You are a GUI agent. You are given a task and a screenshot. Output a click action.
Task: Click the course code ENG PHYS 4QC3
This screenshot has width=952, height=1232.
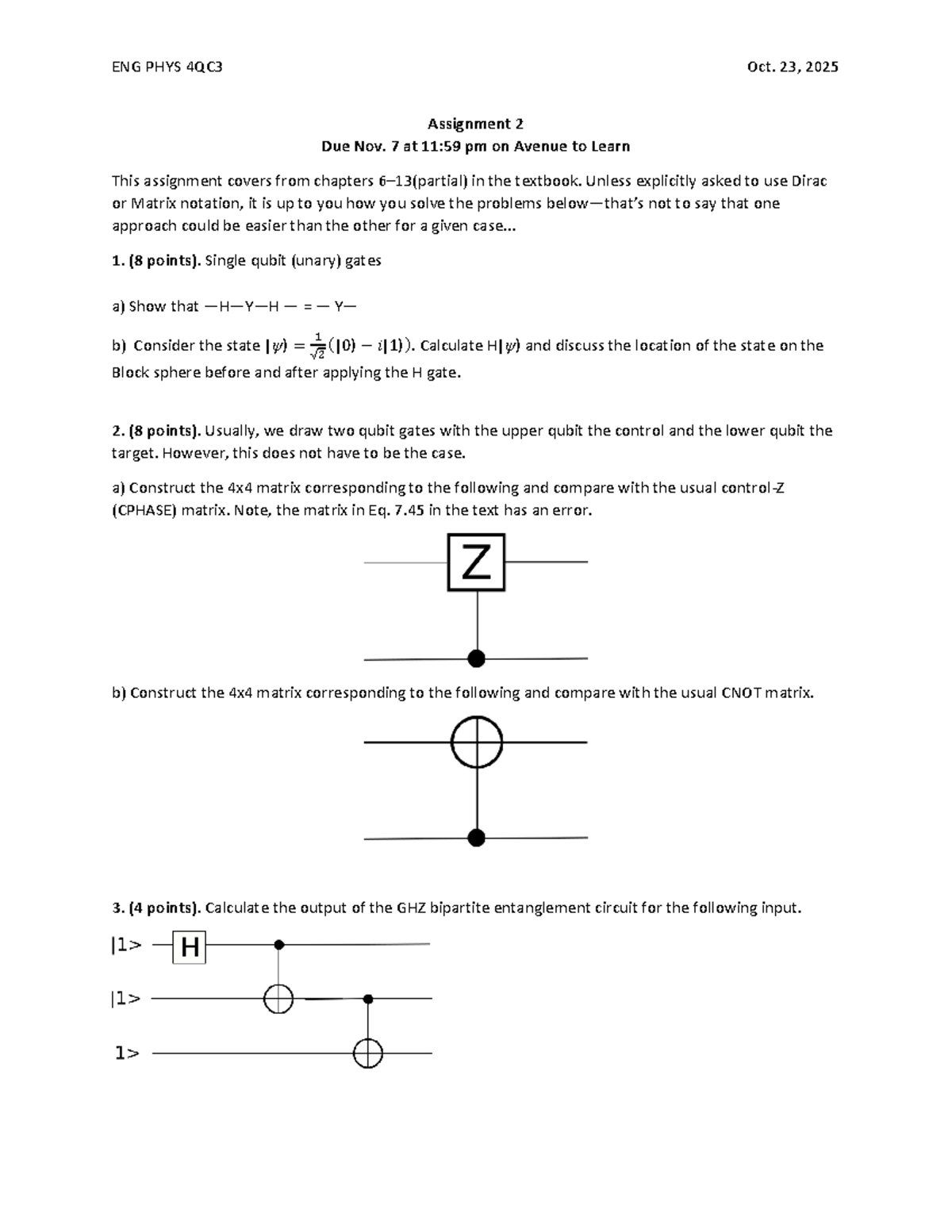tap(167, 67)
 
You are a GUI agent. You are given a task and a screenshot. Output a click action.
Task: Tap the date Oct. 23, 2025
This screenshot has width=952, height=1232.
tap(793, 67)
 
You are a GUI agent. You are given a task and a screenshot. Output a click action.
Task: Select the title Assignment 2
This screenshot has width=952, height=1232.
tap(475, 124)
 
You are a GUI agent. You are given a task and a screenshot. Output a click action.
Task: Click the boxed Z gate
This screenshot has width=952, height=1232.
tap(476, 562)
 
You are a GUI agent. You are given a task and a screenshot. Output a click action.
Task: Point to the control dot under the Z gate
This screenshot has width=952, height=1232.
tap(476, 658)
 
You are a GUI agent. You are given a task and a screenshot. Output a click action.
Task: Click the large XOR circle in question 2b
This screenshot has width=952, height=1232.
tap(476, 743)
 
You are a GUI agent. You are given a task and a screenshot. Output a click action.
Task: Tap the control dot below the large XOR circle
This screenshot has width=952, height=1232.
tap(476, 838)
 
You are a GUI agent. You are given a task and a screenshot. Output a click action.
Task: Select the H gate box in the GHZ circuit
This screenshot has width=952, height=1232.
tap(190, 947)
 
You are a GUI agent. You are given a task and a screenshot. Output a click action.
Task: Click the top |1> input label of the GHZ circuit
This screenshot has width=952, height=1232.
tap(126, 945)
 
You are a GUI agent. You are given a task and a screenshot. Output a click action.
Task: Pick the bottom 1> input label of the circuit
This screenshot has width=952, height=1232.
tap(127, 1054)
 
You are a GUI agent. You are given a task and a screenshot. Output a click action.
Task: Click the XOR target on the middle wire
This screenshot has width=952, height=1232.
tap(278, 999)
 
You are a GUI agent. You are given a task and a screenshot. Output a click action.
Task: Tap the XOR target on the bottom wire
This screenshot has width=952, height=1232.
tap(368, 1054)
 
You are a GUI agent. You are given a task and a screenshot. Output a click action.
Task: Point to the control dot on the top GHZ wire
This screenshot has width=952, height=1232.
tap(278, 944)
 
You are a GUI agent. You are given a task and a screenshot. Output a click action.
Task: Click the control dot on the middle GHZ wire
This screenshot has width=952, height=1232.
tap(368, 998)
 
